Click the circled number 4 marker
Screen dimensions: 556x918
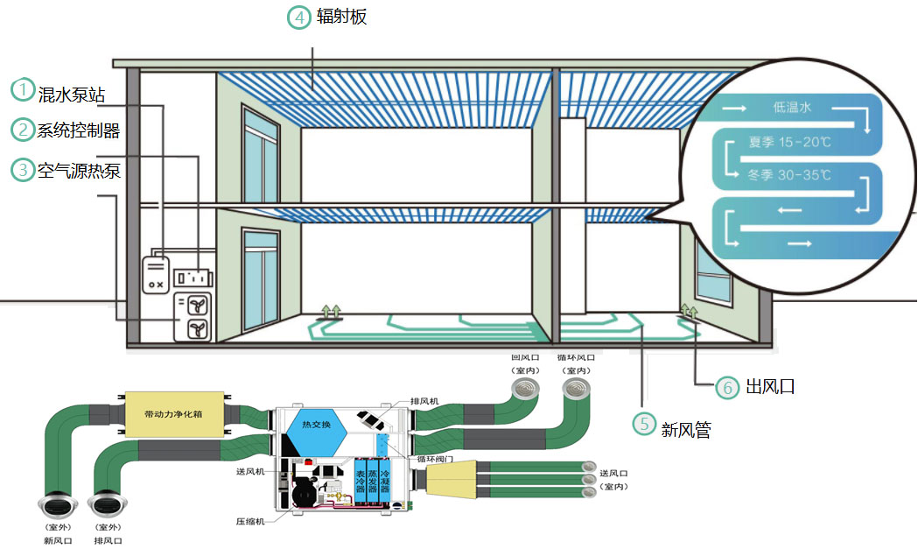point(299,18)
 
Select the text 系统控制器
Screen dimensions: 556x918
point(78,131)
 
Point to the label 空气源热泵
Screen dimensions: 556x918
point(78,172)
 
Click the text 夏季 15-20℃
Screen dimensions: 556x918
point(789,141)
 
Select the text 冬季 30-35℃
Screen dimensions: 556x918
point(789,175)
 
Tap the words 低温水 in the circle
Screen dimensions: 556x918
point(793,108)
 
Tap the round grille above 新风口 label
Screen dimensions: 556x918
point(55,505)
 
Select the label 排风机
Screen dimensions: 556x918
point(428,401)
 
